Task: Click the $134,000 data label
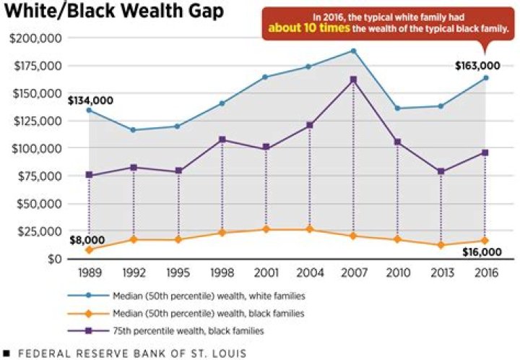[90, 100]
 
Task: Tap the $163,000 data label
[477, 66]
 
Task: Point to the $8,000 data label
[87, 240]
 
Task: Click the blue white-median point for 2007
[354, 51]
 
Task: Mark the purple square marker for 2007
[354, 80]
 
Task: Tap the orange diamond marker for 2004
[310, 229]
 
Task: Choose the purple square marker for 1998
[222, 140]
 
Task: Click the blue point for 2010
[398, 108]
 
